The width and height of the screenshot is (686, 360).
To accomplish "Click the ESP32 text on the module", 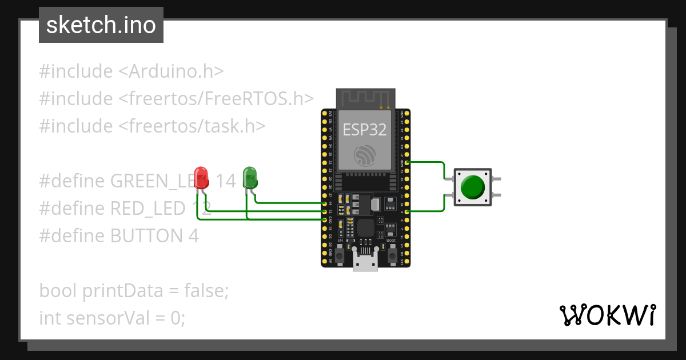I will tap(365, 130).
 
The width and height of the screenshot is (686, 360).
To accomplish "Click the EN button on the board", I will tap(340, 255).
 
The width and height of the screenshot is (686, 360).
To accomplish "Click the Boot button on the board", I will tap(392, 255).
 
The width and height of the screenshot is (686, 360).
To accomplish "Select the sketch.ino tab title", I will tap(101, 26).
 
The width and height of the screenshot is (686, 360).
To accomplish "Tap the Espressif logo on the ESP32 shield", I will tap(365, 155).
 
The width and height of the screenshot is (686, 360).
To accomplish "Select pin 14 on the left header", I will tap(324, 203).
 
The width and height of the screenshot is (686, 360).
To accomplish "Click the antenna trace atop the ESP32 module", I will tap(365, 98).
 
